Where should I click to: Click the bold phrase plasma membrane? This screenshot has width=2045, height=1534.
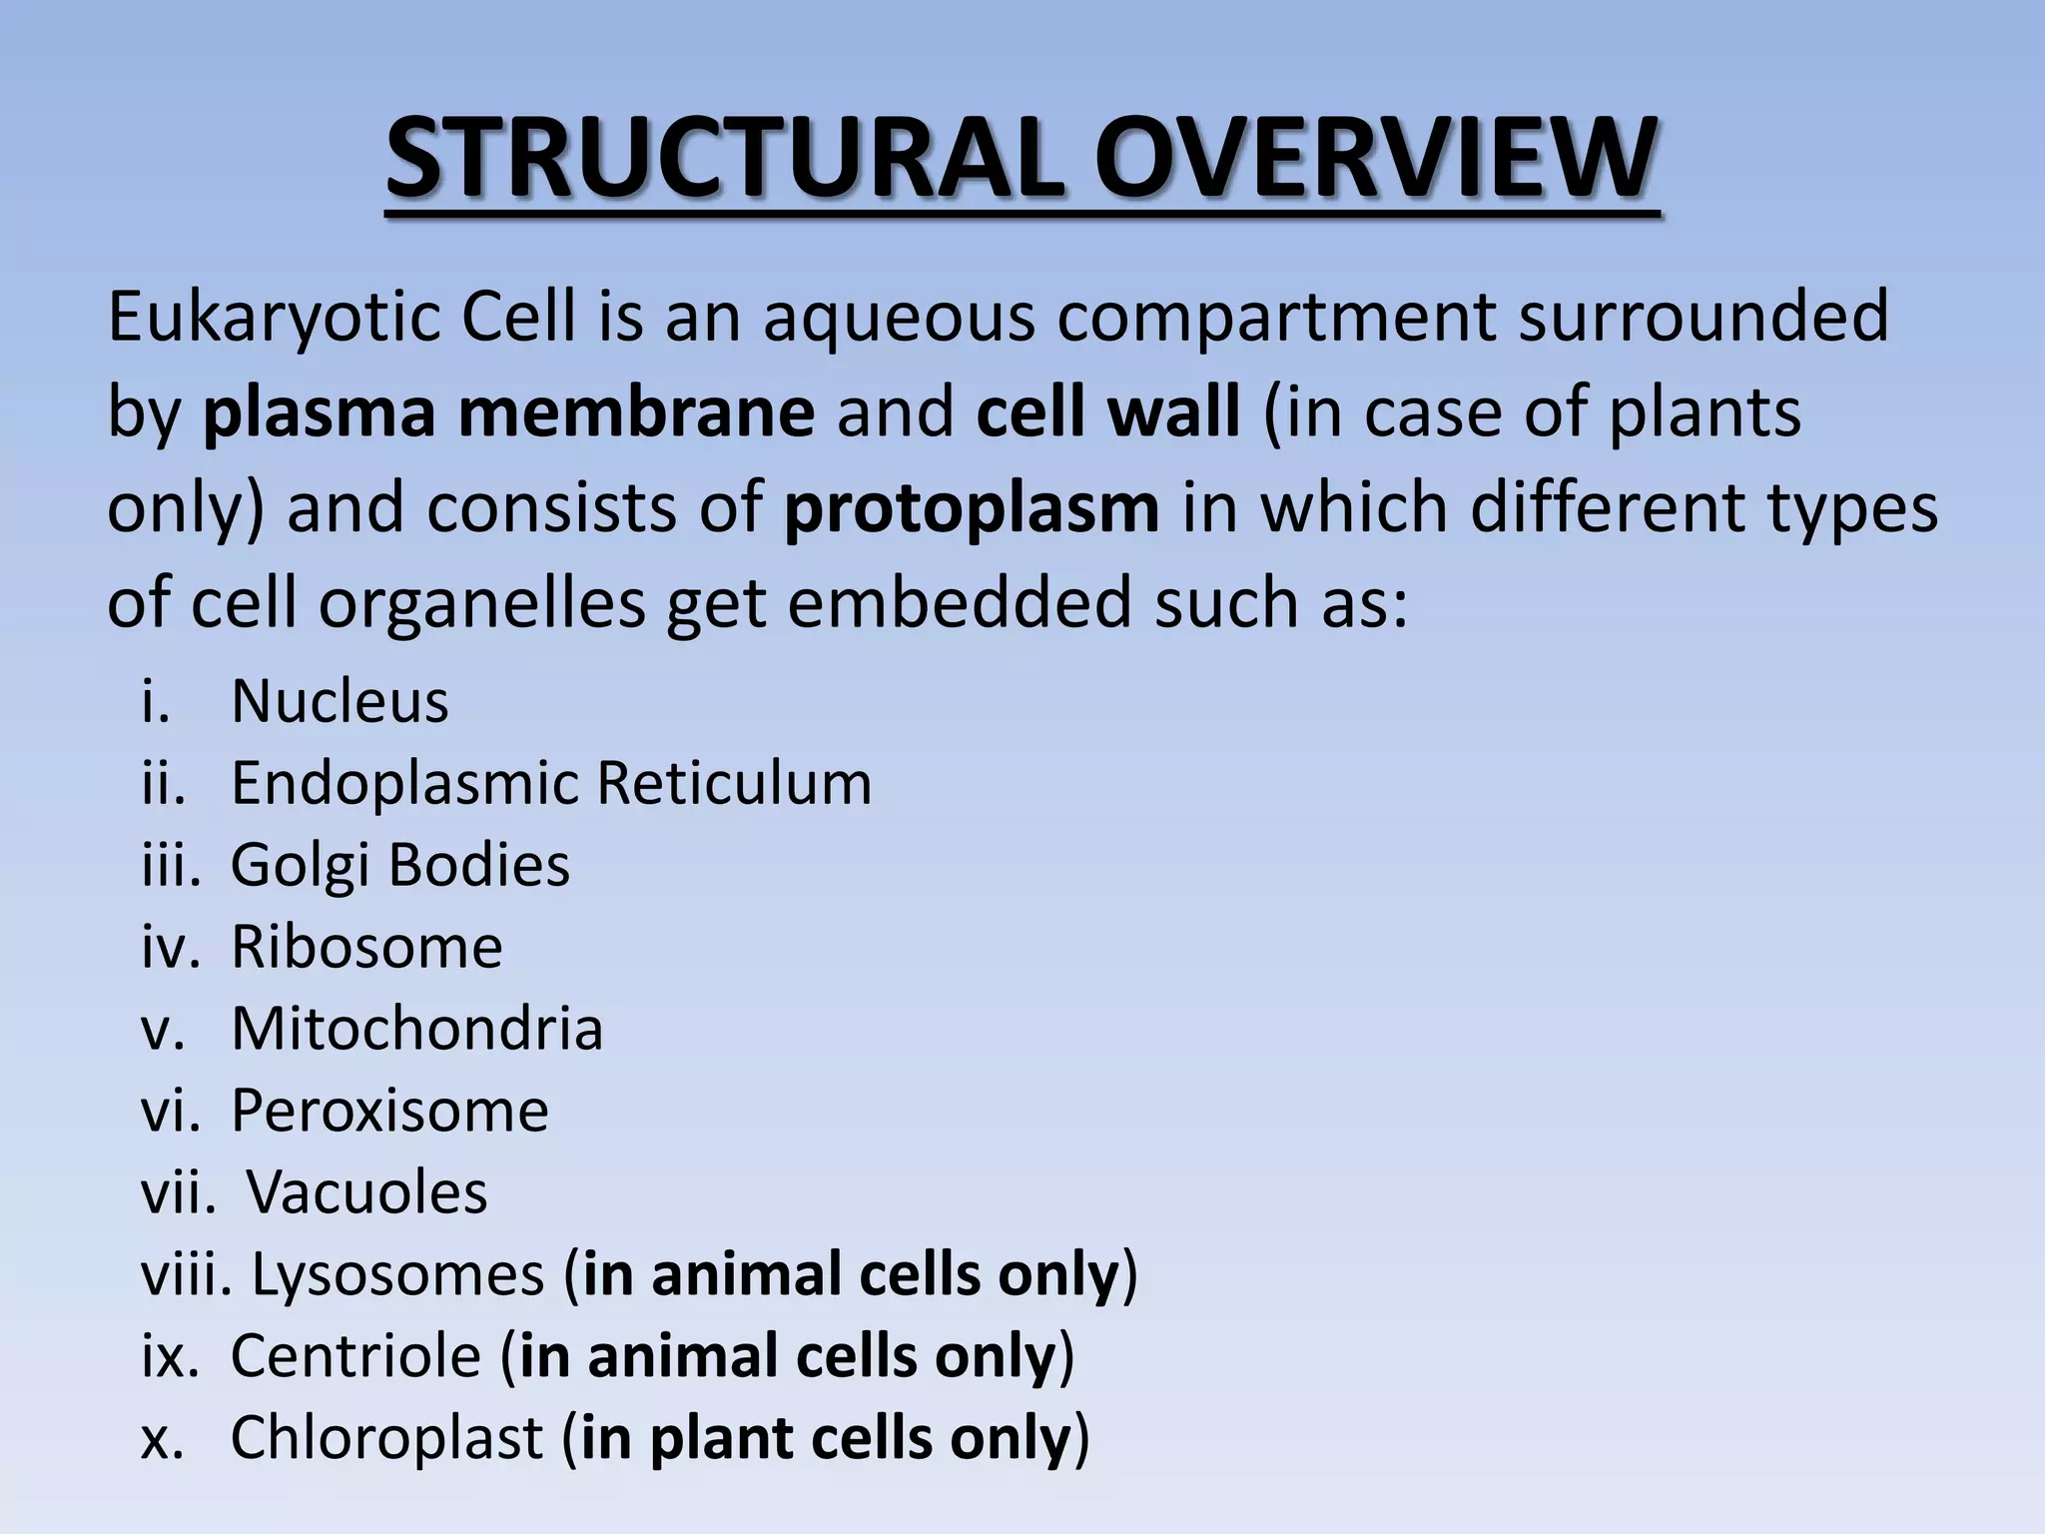pyautogui.click(x=508, y=412)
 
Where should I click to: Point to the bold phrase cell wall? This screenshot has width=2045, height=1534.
pyautogui.click(x=1107, y=412)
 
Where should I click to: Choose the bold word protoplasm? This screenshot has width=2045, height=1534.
pyautogui.click(x=972, y=508)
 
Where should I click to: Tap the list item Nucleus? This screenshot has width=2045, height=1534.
pyautogui.click(x=340, y=701)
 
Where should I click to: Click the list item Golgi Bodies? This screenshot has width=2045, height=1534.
pyautogui.click(x=399, y=865)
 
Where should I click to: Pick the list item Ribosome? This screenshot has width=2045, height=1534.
pyautogui.click(x=366, y=947)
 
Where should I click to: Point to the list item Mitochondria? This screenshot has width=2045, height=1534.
pyautogui.click(x=416, y=1029)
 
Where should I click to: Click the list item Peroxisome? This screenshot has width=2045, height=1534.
pyautogui.click(x=389, y=1111)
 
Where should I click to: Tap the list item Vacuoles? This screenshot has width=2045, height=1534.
pyautogui.click(x=366, y=1192)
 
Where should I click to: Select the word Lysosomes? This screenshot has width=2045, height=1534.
pyautogui.click(x=397, y=1275)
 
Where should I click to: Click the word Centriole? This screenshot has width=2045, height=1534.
pyautogui.click(x=355, y=1356)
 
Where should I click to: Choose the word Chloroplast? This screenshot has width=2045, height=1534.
pyautogui.click(x=387, y=1438)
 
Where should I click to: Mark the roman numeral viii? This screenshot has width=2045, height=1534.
pyautogui.click(x=185, y=1275)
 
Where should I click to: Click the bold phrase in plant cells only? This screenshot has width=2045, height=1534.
pyautogui.click(x=825, y=1438)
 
